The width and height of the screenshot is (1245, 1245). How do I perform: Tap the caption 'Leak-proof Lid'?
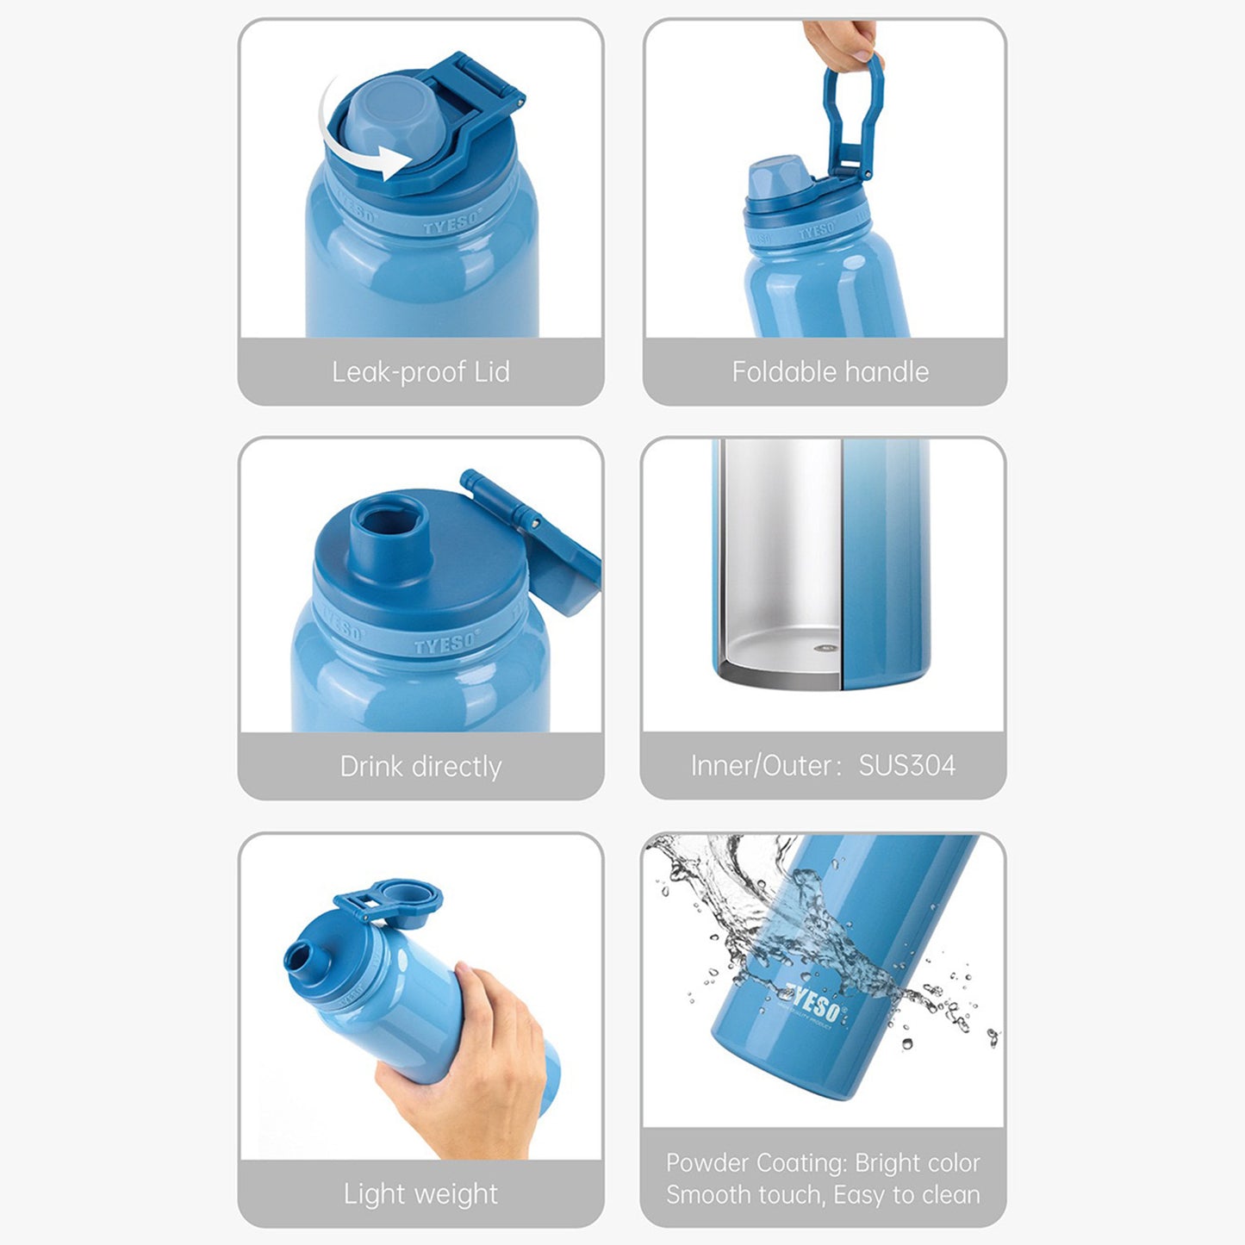420,372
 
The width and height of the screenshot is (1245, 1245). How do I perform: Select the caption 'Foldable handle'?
831,372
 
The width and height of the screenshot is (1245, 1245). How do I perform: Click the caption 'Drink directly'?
420,766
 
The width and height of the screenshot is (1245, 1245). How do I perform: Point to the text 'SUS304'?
906,766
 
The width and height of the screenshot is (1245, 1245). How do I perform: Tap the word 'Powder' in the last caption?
707,1162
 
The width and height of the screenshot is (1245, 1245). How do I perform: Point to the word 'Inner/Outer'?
761,766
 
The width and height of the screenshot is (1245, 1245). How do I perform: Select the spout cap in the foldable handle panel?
779,177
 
